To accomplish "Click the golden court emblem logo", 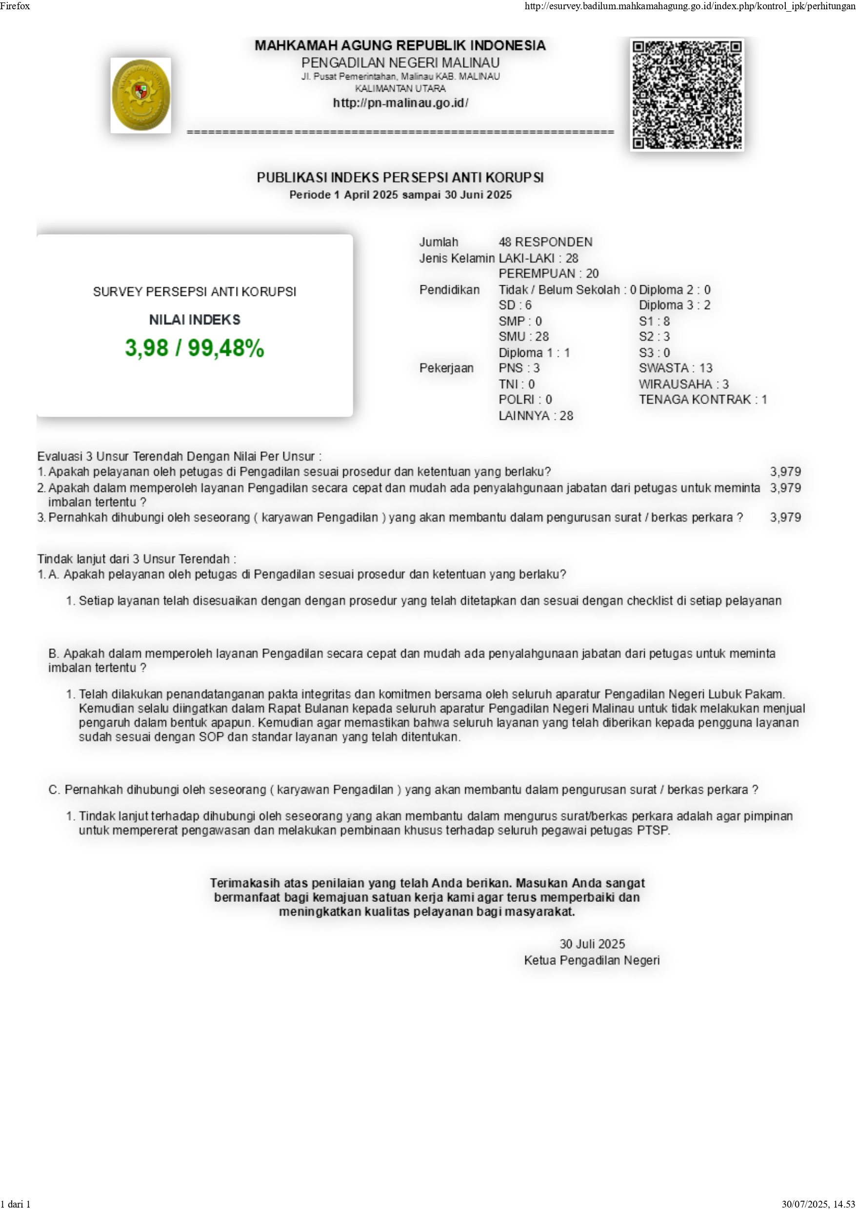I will (x=141, y=96).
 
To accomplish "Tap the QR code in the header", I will (x=687, y=95).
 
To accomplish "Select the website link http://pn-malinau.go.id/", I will (x=400, y=103).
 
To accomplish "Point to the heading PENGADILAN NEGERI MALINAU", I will (x=400, y=63).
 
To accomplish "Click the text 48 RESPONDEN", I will (x=545, y=242).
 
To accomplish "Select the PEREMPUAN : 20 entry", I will (x=549, y=273).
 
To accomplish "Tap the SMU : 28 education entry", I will (x=523, y=336).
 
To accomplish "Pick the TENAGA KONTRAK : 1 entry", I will (x=702, y=399).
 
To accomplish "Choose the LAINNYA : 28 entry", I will (x=536, y=416).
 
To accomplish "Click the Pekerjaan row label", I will (x=446, y=368).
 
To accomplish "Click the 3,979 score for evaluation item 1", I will (x=785, y=472).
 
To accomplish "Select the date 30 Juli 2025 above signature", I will (x=592, y=944).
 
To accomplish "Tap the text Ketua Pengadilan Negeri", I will (x=591, y=960).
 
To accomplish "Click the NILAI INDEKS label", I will (x=194, y=320).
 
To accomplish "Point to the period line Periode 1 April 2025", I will (x=400, y=195).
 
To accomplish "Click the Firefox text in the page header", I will (x=15, y=6).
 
